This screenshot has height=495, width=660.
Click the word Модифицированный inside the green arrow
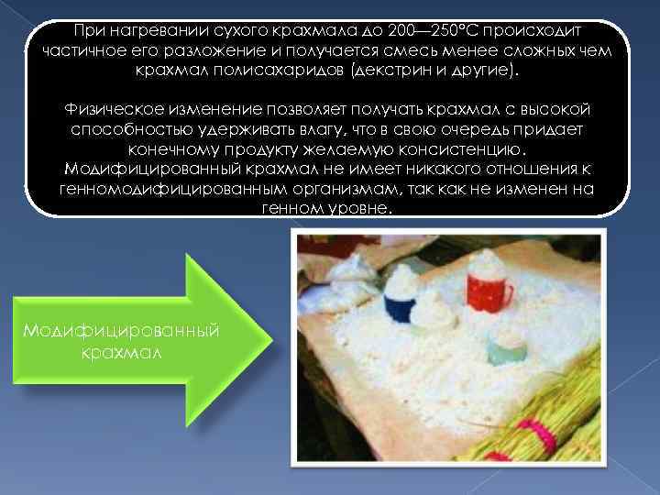[x=121, y=331]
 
